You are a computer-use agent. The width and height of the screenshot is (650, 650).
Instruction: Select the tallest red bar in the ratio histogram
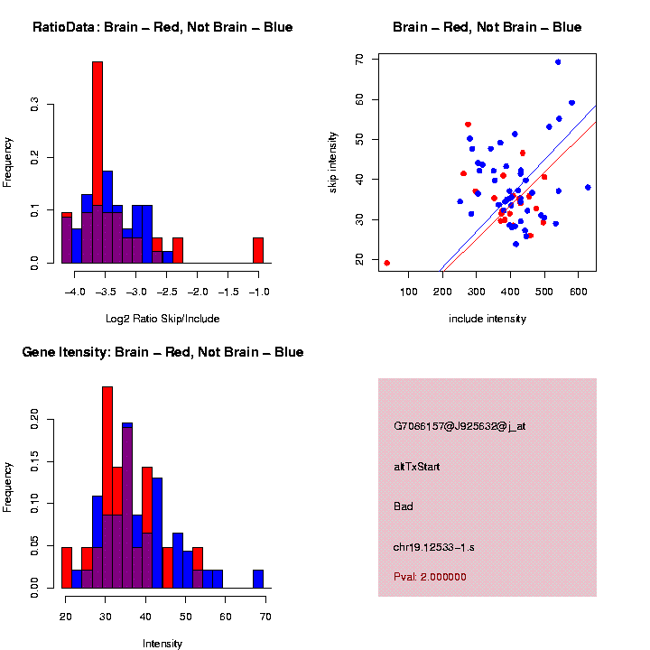(97, 162)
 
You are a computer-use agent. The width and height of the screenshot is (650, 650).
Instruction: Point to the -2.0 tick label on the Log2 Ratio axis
(199, 292)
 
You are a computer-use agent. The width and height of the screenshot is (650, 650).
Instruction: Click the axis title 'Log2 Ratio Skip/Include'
(162, 319)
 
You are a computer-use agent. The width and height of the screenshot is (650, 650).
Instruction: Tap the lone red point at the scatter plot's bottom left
(387, 263)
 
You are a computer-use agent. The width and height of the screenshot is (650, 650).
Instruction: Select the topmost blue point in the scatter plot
(558, 62)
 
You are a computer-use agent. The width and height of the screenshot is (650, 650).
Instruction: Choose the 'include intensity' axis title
(487, 319)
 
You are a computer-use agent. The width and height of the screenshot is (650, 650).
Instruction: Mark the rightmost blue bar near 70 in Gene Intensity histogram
(258, 579)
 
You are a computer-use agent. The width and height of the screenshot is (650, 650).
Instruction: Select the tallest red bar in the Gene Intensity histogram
(107, 487)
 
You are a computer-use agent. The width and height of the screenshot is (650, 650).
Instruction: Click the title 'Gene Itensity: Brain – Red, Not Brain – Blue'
(162, 352)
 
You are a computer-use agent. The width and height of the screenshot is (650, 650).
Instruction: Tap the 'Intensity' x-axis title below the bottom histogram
(162, 644)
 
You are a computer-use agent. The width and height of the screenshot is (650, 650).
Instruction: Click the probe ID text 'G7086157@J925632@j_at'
(460, 426)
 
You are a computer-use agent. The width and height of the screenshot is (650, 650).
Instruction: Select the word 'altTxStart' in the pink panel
(417, 467)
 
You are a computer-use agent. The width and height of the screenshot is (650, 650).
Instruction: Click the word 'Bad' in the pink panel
(404, 506)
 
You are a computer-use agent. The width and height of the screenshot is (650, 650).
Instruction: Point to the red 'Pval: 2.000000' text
(431, 576)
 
